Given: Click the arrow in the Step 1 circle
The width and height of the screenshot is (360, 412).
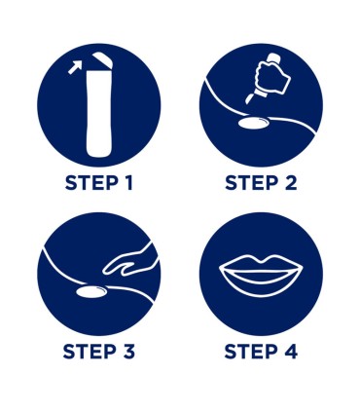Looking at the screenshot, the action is click(x=74, y=68).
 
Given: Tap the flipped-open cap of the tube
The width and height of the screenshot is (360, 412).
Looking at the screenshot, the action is click(x=102, y=60).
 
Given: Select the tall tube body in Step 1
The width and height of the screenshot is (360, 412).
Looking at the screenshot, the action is click(x=99, y=113).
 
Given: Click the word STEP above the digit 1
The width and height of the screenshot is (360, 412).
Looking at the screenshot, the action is click(x=91, y=183).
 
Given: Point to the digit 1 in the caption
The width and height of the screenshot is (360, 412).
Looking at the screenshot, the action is click(x=128, y=183).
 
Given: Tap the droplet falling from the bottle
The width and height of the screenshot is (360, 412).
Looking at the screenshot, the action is click(x=249, y=98).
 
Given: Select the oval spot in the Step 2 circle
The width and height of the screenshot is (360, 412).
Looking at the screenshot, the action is click(x=254, y=123).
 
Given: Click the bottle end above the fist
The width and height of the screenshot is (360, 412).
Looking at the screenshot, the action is click(x=275, y=58).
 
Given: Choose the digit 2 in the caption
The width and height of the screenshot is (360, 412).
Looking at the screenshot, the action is click(x=291, y=183).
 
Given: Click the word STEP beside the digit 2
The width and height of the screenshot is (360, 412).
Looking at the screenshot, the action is click(x=252, y=183).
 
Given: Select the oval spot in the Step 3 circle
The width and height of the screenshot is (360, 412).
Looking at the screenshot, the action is click(x=91, y=291).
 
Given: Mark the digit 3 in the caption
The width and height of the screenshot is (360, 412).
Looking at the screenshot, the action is click(x=128, y=352).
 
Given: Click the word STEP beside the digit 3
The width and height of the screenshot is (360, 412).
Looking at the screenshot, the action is click(x=90, y=352).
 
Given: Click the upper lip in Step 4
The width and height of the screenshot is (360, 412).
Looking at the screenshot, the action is click(x=261, y=264).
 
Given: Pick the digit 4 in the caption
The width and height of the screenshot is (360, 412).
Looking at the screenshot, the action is click(x=291, y=352).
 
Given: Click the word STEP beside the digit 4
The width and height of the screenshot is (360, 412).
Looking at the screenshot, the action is click(x=251, y=352).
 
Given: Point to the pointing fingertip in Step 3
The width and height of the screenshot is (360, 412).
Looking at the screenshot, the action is click(x=105, y=271).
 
